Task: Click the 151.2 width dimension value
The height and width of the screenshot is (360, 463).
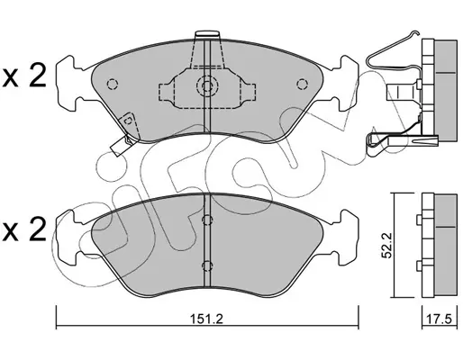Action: tap(207, 319)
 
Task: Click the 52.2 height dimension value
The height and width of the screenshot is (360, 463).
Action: tap(386, 245)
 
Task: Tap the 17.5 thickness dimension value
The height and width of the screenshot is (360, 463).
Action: tap(440, 319)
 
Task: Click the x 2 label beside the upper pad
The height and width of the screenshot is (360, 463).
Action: tap(24, 76)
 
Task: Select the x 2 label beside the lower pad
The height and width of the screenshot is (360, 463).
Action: tap(24, 229)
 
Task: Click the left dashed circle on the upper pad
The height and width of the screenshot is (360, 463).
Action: tap(113, 84)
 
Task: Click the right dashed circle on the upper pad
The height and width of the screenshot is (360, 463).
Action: tap(302, 84)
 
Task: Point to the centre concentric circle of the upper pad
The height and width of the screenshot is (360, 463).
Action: tap(207, 86)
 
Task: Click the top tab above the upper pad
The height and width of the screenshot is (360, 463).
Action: tap(207, 34)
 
